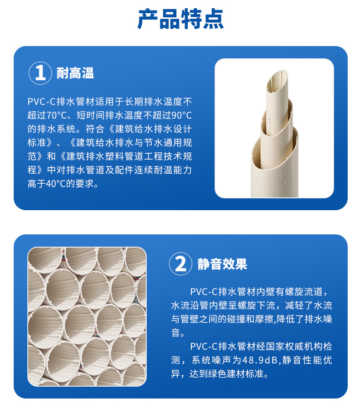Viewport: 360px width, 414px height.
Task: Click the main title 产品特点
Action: point(180,19)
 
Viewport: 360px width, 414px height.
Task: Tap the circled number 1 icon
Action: point(40,73)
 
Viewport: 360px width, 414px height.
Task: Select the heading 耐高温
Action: point(75,73)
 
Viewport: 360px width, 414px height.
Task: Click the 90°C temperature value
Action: point(181,114)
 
